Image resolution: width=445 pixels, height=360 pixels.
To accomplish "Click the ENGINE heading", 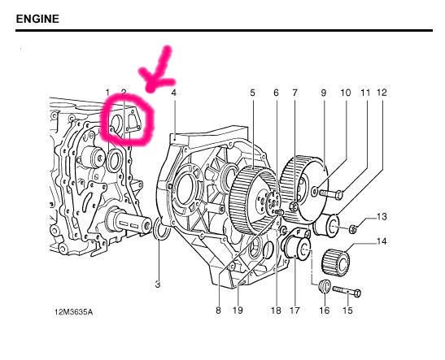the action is click(x=37, y=19).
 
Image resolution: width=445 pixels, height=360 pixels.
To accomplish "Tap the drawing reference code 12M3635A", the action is click(x=73, y=312).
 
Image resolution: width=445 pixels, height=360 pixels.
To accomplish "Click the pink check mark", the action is click(x=157, y=70).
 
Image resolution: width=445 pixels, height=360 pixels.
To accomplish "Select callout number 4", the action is click(x=173, y=93).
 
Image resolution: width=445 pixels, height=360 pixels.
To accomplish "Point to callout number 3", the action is click(x=158, y=284).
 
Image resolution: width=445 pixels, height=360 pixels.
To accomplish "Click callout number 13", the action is click(x=382, y=217).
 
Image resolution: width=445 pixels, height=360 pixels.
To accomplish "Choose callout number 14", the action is click(x=382, y=241).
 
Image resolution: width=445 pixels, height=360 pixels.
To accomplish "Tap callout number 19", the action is click(x=238, y=310).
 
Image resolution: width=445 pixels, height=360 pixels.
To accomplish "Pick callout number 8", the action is click(x=218, y=310).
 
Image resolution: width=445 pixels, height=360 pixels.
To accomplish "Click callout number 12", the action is click(x=382, y=93).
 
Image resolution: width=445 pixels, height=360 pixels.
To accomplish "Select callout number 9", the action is click(x=324, y=93).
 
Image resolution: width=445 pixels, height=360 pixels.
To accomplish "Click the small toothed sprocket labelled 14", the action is click(x=336, y=262).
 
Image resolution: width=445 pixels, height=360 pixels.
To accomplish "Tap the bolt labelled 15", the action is click(x=347, y=291).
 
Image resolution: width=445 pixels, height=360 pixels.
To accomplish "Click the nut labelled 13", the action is click(x=352, y=228).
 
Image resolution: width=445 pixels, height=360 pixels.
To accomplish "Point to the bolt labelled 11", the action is click(x=331, y=194).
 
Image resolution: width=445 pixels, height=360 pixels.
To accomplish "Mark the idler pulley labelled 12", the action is click(x=326, y=225).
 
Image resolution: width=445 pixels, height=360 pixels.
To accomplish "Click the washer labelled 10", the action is click(x=315, y=192).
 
